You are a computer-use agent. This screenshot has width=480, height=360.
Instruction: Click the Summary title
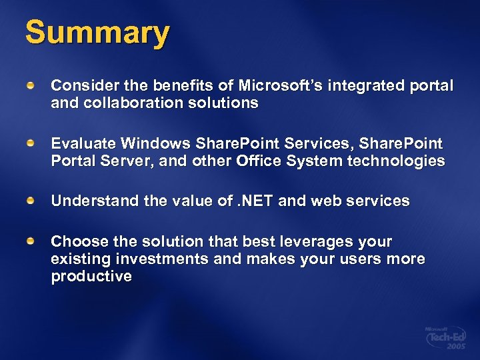pyautogui.click(x=97, y=33)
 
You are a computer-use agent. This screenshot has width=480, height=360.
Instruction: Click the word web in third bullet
pyautogui.click(x=324, y=201)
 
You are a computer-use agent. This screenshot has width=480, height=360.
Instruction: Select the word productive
pyautogui.click(x=91, y=276)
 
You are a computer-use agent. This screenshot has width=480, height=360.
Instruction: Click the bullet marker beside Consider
pyautogui.click(x=31, y=87)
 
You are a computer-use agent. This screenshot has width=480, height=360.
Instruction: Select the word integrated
pyautogui.click(x=383, y=86)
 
